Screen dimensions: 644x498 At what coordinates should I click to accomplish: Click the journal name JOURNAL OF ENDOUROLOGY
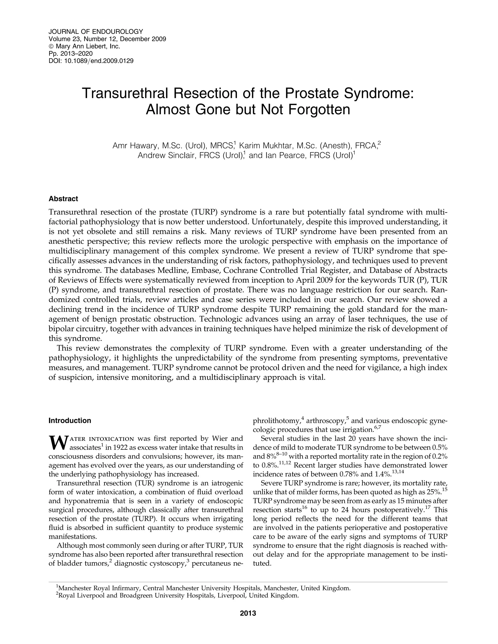(96, 32)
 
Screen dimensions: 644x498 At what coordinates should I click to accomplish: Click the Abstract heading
(63, 199)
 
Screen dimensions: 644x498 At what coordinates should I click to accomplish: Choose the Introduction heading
(70, 420)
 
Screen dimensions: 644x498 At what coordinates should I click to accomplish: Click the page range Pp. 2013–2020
(71, 54)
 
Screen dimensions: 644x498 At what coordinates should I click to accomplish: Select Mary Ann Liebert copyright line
(84, 46)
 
